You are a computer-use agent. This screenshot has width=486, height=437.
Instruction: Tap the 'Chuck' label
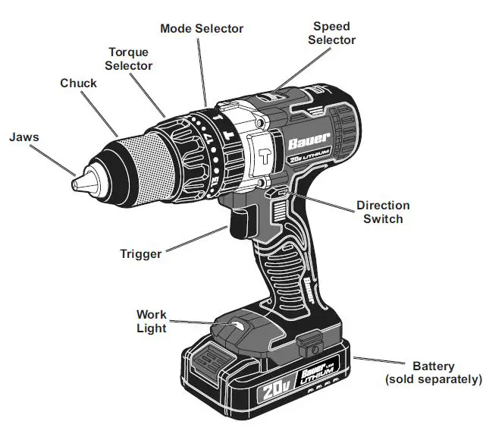pyautogui.click(x=78, y=83)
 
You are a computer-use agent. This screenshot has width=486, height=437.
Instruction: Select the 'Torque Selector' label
pyautogui.click(x=128, y=59)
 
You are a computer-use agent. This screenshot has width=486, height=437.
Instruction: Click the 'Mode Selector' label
pyautogui.click(x=202, y=28)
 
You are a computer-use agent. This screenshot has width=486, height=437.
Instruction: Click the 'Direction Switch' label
pyautogui.click(x=383, y=212)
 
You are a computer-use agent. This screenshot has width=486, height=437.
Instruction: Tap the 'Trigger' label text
pyautogui.click(x=140, y=254)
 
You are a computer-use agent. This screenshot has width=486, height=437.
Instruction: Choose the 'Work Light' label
pyautogui.click(x=152, y=321)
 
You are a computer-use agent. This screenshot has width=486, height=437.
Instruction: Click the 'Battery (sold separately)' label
pyautogui.click(x=433, y=372)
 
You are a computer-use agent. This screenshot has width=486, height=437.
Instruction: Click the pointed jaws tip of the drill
pyautogui.click(x=77, y=183)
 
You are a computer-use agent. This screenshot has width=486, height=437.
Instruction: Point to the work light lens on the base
pyautogui.click(x=237, y=325)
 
